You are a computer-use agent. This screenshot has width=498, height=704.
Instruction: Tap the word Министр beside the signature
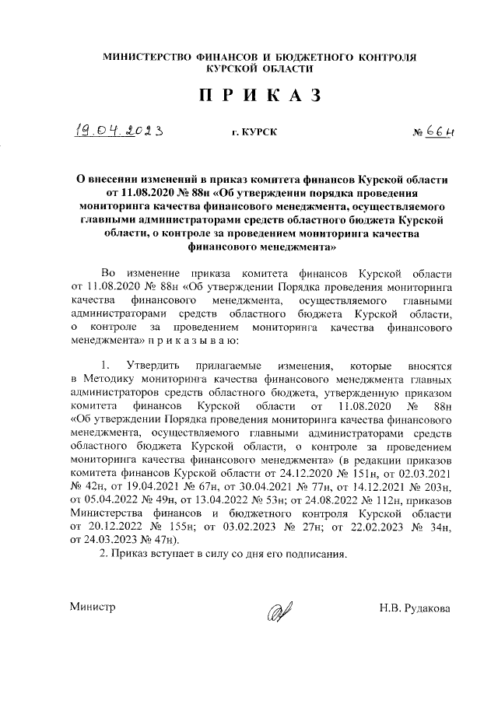(92, 607)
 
